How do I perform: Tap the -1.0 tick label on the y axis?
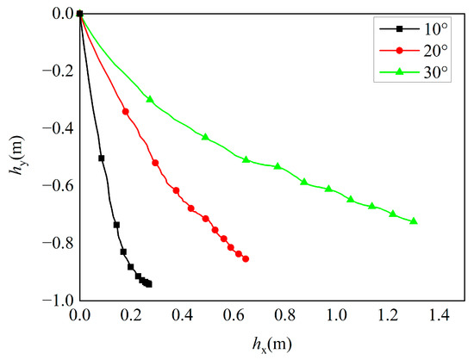(56, 301)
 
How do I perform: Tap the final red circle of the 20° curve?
(246, 258)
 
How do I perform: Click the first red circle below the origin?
(126, 111)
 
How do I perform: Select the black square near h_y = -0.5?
(102, 158)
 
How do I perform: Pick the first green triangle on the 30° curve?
(150, 100)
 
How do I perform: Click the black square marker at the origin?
(80, 14)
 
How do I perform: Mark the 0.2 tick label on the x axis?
(131, 317)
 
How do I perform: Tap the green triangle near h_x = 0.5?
(205, 137)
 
